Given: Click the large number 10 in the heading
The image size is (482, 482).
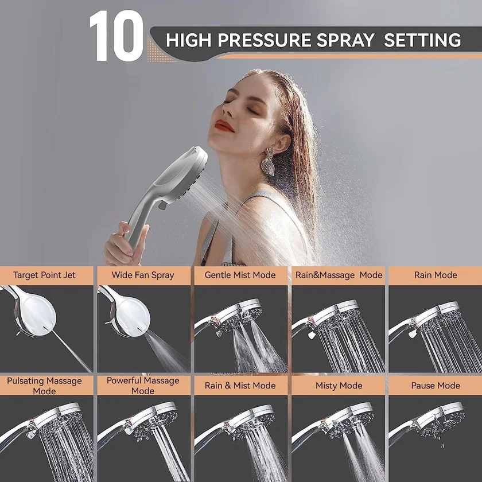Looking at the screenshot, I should [116, 37].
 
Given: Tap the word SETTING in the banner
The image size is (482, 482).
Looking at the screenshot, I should [422, 40].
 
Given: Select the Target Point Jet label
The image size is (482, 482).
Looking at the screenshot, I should [44, 275].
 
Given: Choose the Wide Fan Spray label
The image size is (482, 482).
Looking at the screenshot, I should [143, 275].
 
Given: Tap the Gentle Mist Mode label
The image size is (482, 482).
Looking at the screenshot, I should [240, 275].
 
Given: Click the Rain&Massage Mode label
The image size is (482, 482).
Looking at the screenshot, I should [339, 275].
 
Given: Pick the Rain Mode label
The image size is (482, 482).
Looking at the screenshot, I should [436, 275].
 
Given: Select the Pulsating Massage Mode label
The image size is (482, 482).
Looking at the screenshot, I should [44, 386].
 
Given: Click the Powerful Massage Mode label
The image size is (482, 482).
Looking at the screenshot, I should [143, 386].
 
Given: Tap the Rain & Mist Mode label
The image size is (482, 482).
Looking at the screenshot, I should [240, 386].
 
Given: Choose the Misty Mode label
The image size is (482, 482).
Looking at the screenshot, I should [339, 386].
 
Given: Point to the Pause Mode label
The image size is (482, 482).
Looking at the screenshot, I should [436, 386].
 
